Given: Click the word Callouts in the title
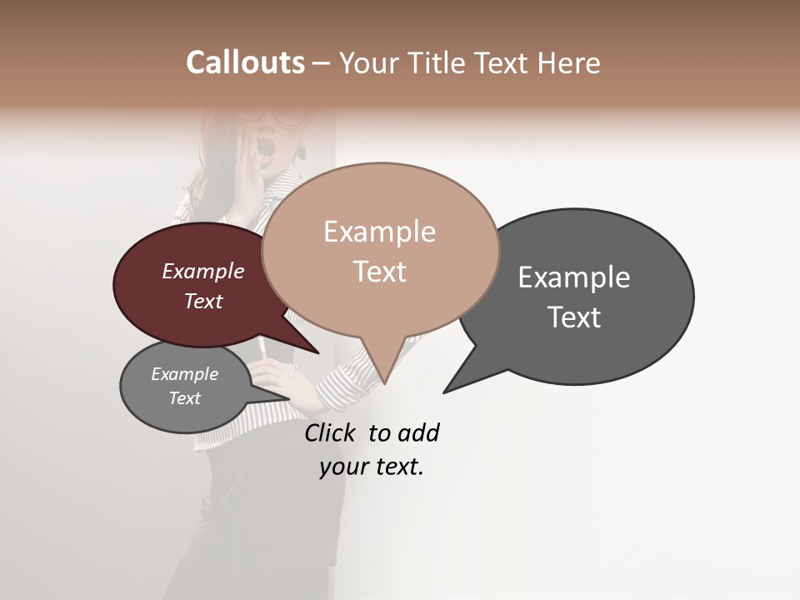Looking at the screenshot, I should coord(245,62).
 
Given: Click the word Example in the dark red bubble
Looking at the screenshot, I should coord(202,271).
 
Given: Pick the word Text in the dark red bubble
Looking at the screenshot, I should coord(202,301).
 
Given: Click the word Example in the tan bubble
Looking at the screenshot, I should coord(379,232).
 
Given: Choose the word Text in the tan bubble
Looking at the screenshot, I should coord(379,272).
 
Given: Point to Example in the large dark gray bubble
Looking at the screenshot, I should coord(574,277).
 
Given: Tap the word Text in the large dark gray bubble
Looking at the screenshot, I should coord(574,317).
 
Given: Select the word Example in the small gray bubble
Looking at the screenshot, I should coord(184,374).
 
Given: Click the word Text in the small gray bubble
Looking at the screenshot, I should coord(184,398).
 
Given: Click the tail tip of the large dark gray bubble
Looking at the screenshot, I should coord(444,392).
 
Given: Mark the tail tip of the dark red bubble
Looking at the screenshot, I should coord(318,353).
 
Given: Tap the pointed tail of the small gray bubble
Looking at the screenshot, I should coord(288,397).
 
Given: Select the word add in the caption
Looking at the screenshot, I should coord(418,432).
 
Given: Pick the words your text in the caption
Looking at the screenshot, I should coord(372,467).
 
